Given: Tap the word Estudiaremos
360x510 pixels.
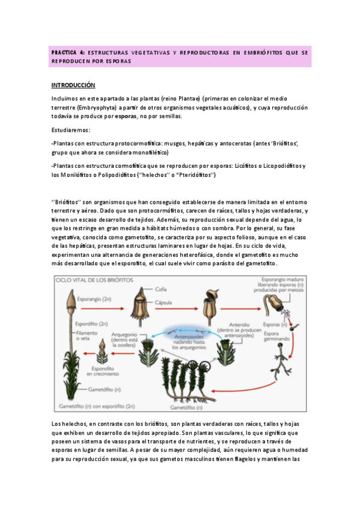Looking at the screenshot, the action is (71, 130).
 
